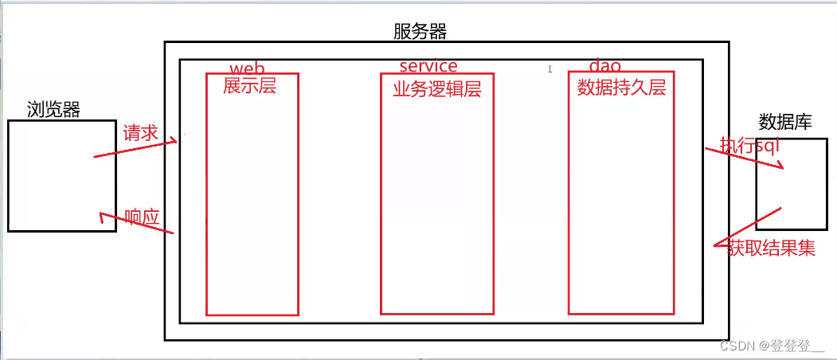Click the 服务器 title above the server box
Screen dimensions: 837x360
coord(420,32)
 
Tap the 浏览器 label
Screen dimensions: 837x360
coord(53,110)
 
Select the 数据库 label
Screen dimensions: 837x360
coord(784,122)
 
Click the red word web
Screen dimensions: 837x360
coord(247,68)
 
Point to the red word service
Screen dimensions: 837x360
coord(428,65)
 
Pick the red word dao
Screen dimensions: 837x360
coord(604,65)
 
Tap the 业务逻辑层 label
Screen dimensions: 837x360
coord(437,89)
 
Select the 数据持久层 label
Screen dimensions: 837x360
coord(621,88)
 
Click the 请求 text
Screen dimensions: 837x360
coord(141,133)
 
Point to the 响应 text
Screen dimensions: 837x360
coord(142,216)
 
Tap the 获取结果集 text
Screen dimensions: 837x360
coord(771,248)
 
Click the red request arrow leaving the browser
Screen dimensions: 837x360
coord(135,149)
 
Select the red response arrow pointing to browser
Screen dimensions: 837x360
coord(137,222)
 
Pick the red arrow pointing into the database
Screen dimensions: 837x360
coord(744,158)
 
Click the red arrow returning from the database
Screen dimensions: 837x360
coord(748,227)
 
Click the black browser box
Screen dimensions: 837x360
coord(62,121)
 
